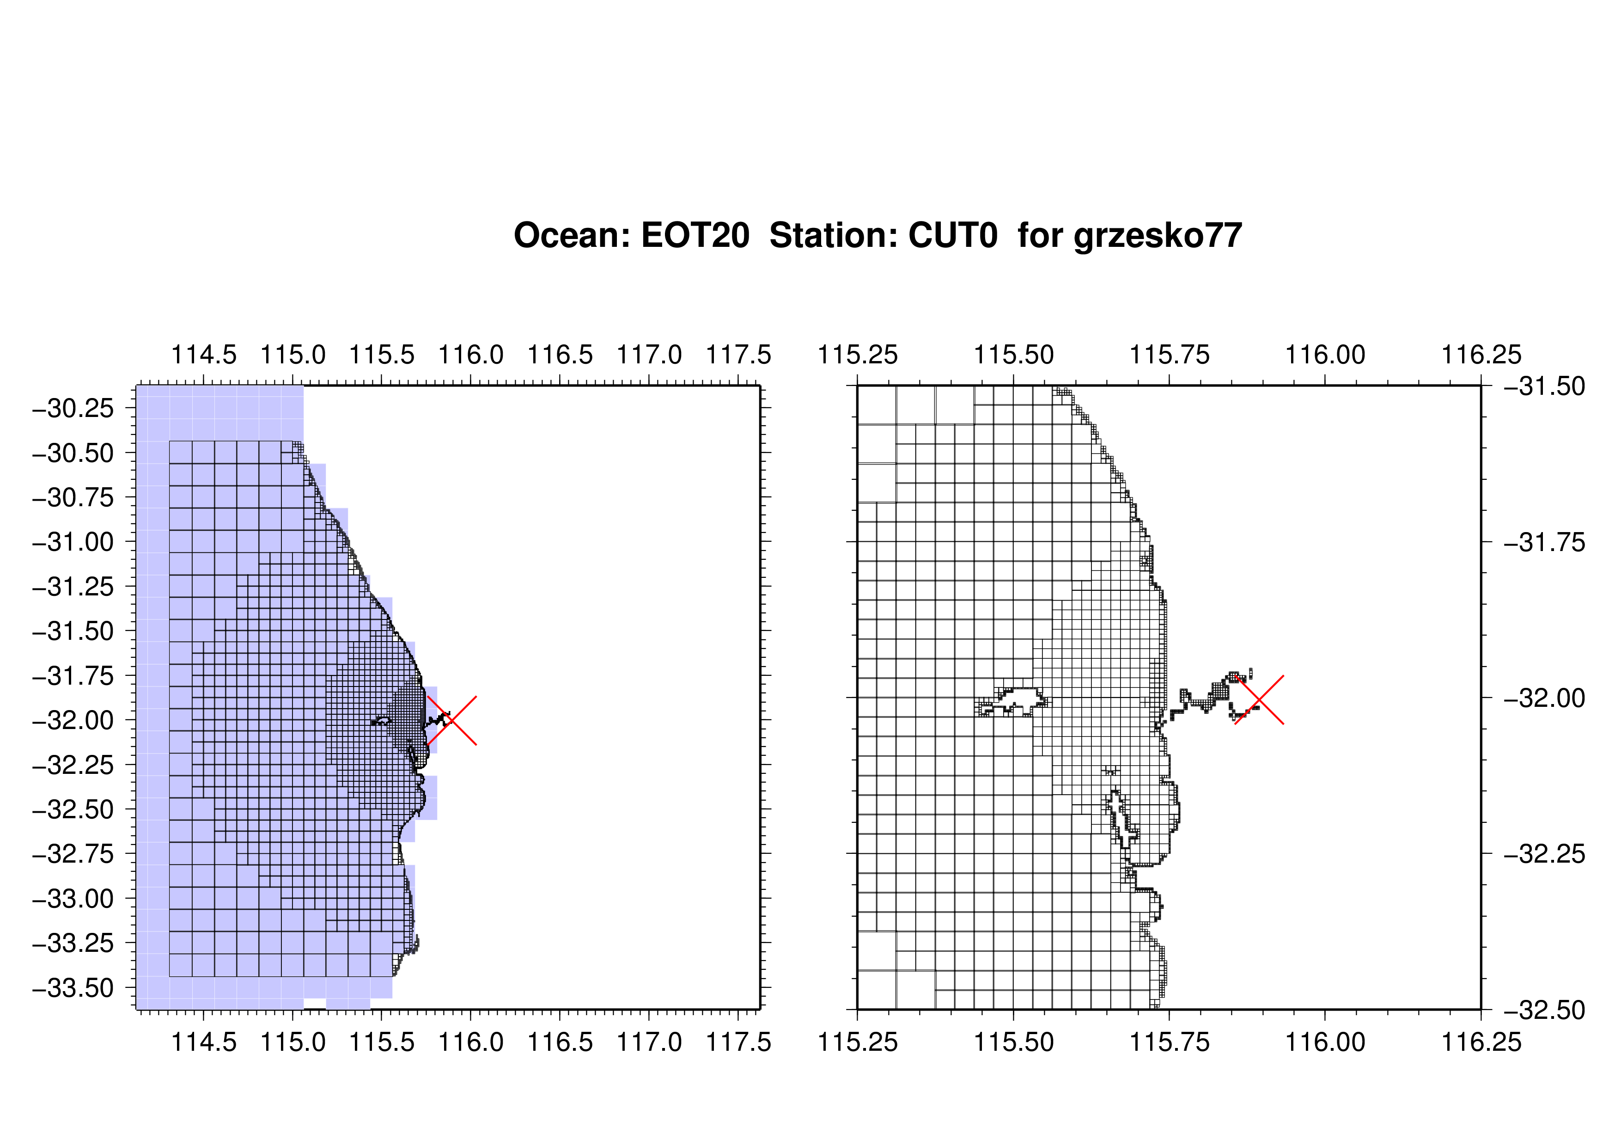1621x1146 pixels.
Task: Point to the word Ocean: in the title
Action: tap(572, 235)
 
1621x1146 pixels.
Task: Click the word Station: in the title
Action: tap(833, 235)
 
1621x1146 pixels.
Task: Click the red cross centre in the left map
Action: tap(452, 720)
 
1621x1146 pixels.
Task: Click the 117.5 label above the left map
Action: tap(738, 355)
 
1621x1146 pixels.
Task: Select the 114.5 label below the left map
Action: tap(204, 1042)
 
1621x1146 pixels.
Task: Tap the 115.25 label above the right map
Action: tap(858, 355)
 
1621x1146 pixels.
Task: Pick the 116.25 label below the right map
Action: tap(1481, 1042)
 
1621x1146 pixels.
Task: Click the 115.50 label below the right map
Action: tap(1014, 1042)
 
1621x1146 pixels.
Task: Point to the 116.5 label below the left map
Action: tap(561, 1042)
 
